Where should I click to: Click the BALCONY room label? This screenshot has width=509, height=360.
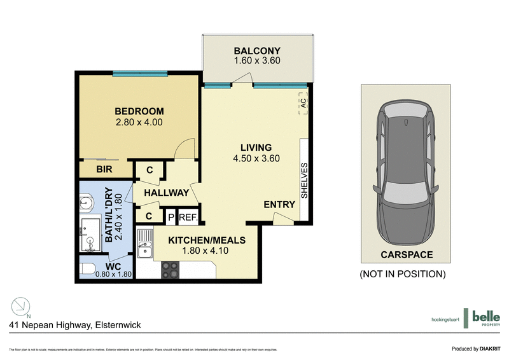pyautogui.click(x=257, y=51)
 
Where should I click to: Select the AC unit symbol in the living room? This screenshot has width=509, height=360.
pyautogui.click(x=303, y=103)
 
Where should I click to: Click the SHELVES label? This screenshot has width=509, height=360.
pyautogui.click(x=304, y=181)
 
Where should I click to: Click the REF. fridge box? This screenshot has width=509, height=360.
pyautogui.click(x=189, y=216)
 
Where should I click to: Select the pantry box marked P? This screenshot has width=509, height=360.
pyautogui.click(x=171, y=216)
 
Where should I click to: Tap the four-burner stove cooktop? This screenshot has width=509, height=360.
pyautogui.click(x=169, y=270)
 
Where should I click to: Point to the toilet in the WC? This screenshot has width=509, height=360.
pyautogui.click(x=88, y=268)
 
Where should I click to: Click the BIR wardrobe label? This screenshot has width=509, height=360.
pyautogui.click(x=104, y=170)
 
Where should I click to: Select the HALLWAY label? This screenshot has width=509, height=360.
pyautogui.click(x=166, y=193)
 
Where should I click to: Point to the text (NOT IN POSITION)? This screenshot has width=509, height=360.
pyautogui.click(x=402, y=274)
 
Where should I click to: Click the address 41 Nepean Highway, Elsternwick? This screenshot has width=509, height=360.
pyautogui.click(x=75, y=325)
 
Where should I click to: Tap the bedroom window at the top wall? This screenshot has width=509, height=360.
pyautogui.click(x=140, y=74)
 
